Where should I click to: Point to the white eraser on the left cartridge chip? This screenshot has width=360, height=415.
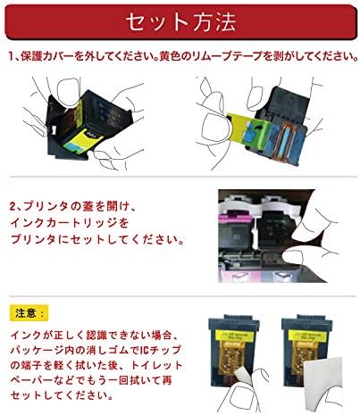point(240,376)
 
